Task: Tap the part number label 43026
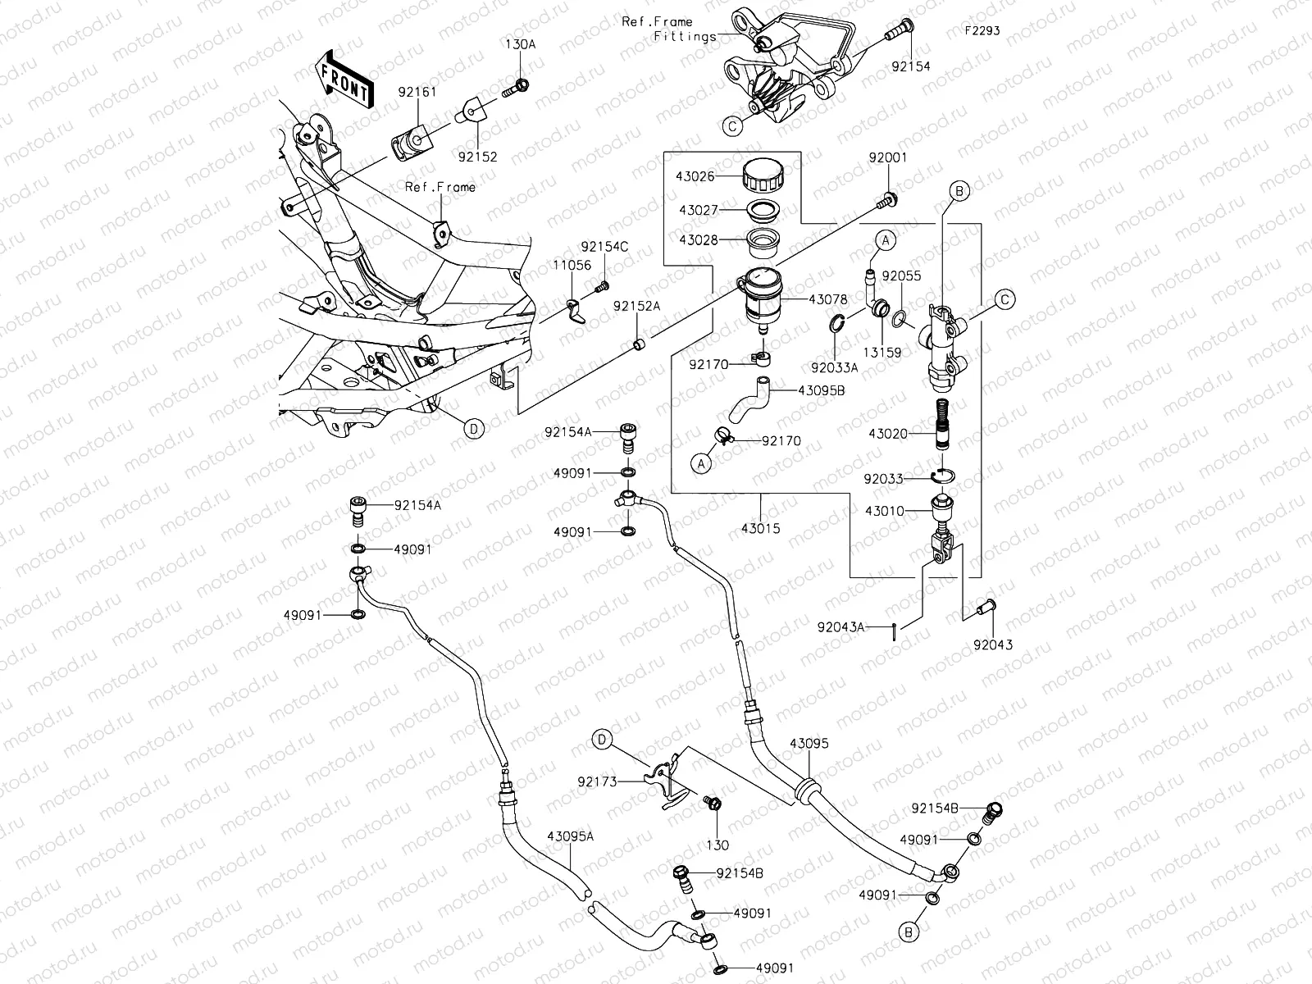(x=696, y=176)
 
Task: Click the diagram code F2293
(x=982, y=30)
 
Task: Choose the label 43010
(x=884, y=511)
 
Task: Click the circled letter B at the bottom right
(x=909, y=932)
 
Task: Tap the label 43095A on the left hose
(x=571, y=837)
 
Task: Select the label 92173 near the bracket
(x=598, y=782)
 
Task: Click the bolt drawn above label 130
(x=713, y=803)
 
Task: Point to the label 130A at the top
(x=520, y=45)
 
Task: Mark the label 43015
(x=760, y=529)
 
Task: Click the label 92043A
(x=840, y=627)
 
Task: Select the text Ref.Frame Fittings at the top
(x=668, y=29)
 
